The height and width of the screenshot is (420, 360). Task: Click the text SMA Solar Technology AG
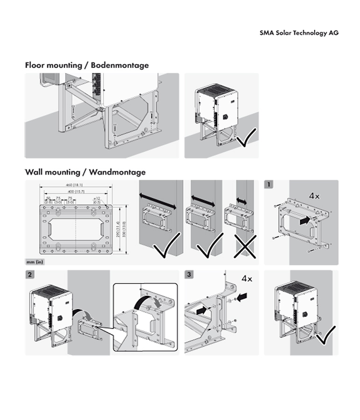coord(299,33)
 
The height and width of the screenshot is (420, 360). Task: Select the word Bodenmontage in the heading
coord(120,65)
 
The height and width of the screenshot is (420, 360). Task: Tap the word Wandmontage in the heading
coord(117,172)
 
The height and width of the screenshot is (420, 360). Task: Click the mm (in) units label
coord(35,262)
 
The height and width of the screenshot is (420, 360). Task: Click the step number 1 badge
coord(269,185)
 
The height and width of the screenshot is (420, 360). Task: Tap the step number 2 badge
coord(30,275)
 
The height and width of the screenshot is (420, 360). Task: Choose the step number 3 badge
coord(189,275)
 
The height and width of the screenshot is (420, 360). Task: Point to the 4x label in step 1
coord(314,196)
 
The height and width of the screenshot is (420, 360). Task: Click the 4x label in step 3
coord(247,279)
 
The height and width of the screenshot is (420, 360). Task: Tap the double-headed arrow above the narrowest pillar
coord(241,200)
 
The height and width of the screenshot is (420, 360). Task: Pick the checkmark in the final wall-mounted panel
coord(325,336)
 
